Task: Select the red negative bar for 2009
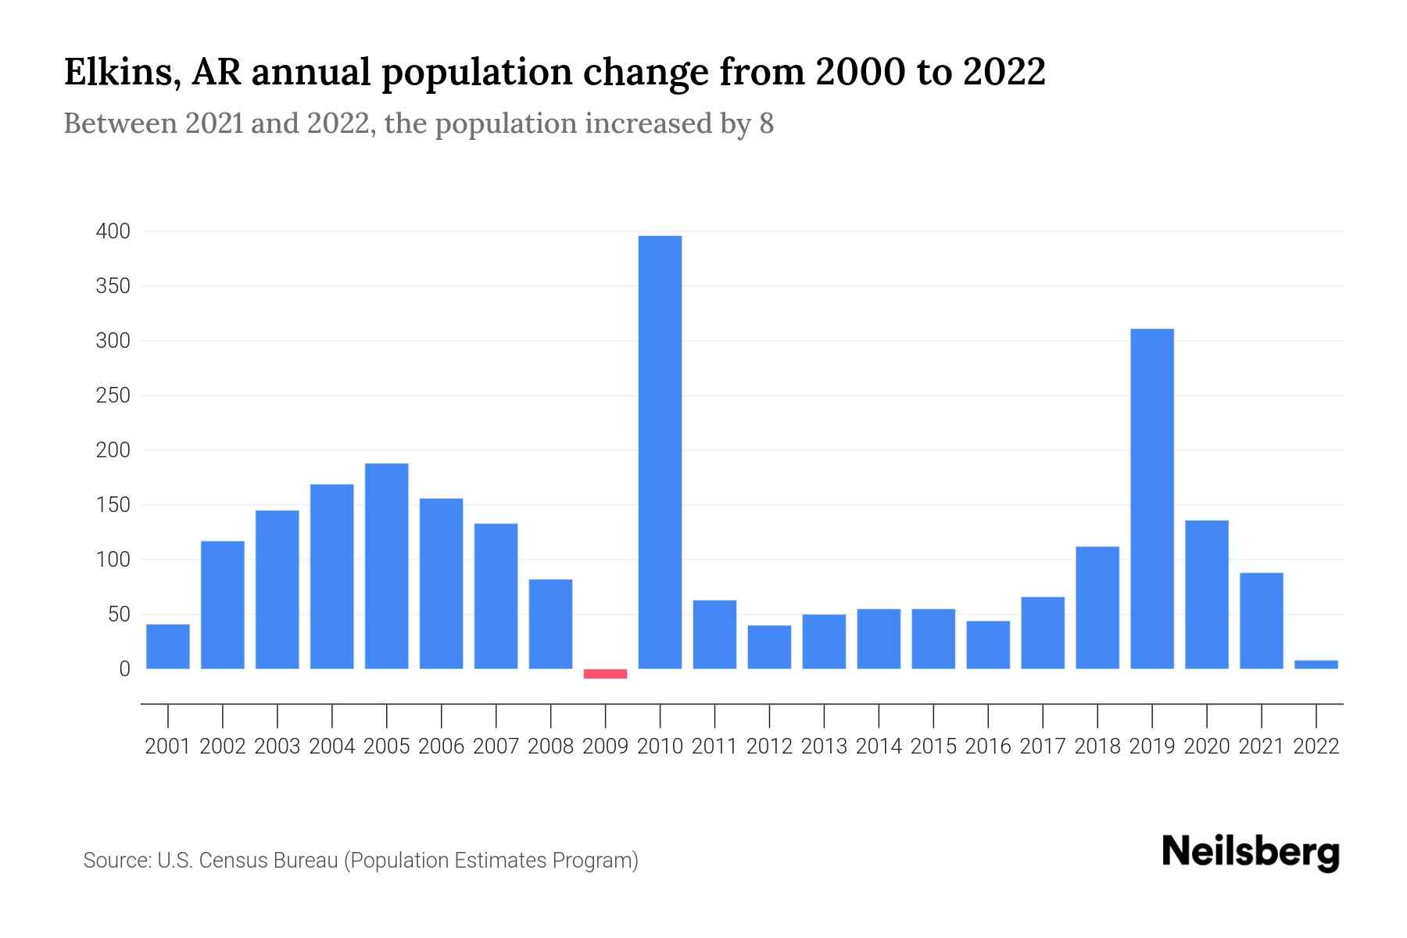(605, 674)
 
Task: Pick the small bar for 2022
(1316, 664)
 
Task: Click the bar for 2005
(386, 566)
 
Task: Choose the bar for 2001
(168, 646)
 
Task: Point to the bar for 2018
(1097, 607)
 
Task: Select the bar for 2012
(769, 646)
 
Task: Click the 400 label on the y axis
(113, 231)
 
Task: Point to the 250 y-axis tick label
(113, 396)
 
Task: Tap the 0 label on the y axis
(124, 669)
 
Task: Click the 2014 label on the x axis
(879, 746)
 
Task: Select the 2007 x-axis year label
(496, 746)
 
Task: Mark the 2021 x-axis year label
(1261, 746)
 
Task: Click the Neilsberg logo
(1251, 852)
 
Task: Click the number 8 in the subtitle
(766, 124)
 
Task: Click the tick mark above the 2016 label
(988, 714)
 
